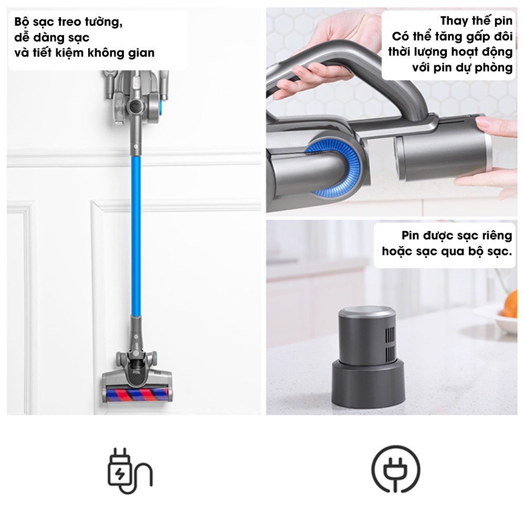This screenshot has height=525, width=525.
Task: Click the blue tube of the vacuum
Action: click(x=136, y=236)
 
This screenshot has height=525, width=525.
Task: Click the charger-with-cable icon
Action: click(x=130, y=470)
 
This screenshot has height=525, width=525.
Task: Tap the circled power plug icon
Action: click(x=396, y=469)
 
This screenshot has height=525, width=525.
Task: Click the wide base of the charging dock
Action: click(x=368, y=385)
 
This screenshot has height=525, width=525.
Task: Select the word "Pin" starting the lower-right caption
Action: click(x=411, y=236)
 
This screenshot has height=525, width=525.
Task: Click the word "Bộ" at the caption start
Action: click(x=22, y=22)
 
